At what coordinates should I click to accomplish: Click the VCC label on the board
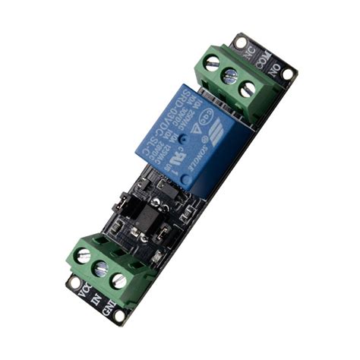[84, 289]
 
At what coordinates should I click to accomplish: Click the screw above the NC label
[213, 63]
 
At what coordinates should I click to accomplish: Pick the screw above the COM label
[230, 75]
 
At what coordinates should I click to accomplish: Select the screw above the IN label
[100, 268]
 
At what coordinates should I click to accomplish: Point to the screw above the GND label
[118, 280]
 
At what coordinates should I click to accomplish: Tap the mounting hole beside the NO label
[289, 74]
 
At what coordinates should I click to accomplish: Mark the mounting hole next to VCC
[74, 283]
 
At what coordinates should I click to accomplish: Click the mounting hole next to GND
[121, 317]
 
